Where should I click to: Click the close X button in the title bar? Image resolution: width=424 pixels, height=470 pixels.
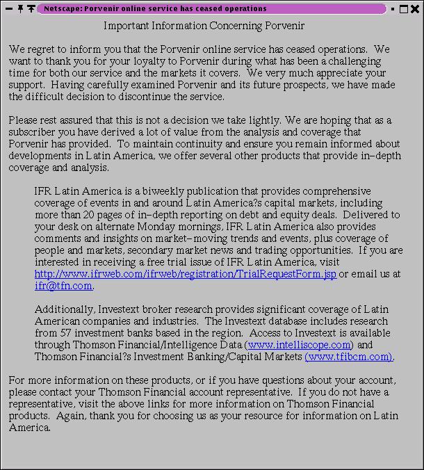click(x=415, y=9)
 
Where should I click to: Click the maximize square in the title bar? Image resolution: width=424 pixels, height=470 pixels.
click(x=404, y=9)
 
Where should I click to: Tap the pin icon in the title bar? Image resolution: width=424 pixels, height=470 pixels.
click(x=21, y=8)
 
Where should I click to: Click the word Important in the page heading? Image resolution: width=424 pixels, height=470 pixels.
click(x=127, y=26)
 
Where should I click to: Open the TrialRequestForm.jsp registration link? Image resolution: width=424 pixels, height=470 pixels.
click(x=186, y=275)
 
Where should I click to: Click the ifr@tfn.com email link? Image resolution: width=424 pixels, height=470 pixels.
click(x=63, y=286)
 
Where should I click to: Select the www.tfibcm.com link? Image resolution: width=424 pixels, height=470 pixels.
click(x=349, y=357)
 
